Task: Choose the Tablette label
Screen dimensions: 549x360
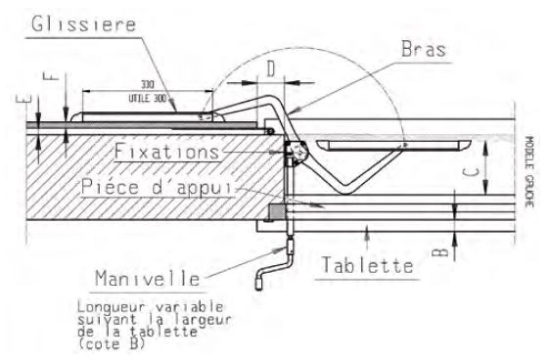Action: pos(365,264)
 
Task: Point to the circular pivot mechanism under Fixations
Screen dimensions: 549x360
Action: pos(297,152)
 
